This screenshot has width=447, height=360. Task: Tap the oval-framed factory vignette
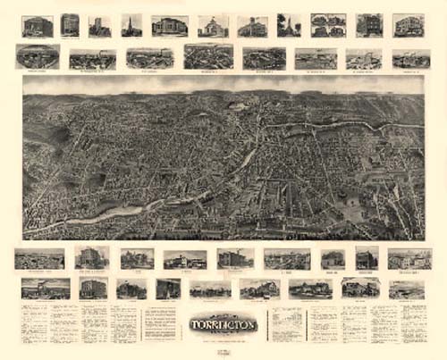tap(38, 56)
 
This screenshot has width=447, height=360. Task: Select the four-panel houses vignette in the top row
tap(328, 25)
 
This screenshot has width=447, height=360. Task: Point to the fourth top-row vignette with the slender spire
tap(131, 25)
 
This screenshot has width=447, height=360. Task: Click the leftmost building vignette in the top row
tap(38, 26)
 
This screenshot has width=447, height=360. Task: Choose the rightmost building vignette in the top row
tap(409, 25)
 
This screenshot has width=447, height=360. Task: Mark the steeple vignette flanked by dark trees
tap(288, 25)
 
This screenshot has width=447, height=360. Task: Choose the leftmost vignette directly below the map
tap(39, 258)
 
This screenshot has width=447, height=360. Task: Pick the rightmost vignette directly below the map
tap(409, 258)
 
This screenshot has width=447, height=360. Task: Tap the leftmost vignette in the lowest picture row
tap(46, 288)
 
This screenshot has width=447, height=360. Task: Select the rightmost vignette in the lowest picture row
tap(407, 289)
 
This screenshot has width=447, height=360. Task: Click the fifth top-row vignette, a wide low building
tap(169, 25)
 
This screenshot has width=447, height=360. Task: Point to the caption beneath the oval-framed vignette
tap(38, 70)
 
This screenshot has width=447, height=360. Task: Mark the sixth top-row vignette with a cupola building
tap(213, 26)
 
